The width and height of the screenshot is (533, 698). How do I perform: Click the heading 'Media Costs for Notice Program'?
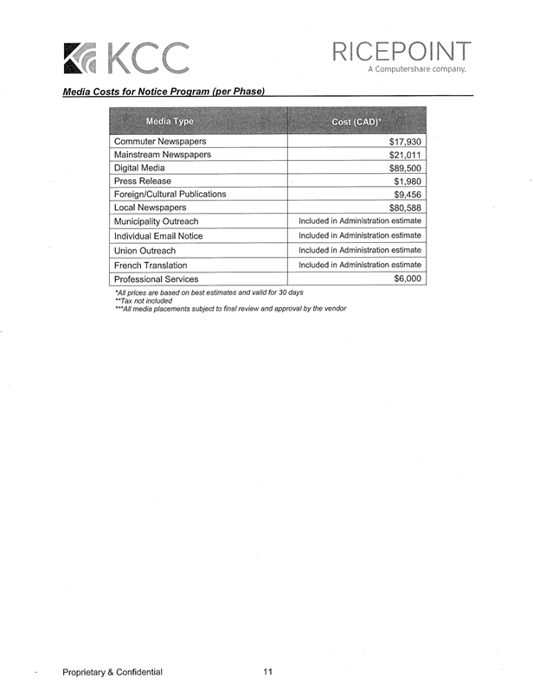[x=163, y=92]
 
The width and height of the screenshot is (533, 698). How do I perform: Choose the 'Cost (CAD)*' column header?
[x=356, y=121]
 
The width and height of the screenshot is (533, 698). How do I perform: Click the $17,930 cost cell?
[x=405, y=141]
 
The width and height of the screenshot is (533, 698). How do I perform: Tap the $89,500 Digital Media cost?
[x=405, y=168]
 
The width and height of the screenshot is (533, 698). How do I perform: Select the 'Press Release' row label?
[x=143, y=181]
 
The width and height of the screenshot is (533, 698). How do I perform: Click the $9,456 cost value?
[x=407, y=195]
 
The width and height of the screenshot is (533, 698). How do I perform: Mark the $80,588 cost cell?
[x=405, y=208]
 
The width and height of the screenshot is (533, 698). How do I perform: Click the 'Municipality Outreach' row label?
[x=157, y=221]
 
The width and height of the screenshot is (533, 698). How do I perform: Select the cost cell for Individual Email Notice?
[x=359, y=235]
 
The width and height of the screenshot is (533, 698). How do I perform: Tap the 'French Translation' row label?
[x=151, y=265]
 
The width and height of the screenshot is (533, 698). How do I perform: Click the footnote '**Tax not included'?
[x=144, y=301]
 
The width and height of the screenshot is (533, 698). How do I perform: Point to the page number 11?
[x=267, y=672]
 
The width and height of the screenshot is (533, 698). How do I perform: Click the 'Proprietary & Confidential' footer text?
[x=112, y=672]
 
